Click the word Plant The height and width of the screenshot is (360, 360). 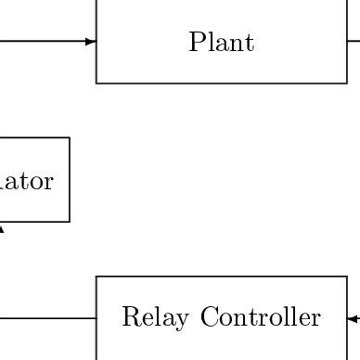[x=221, y=43]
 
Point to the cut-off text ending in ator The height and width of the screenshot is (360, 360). [x=28, y=181]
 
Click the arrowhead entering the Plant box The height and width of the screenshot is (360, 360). [x=91, y=41]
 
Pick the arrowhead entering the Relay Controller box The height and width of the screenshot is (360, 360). [x=353, y=318]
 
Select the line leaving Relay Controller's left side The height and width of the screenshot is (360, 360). [x=46, y=318]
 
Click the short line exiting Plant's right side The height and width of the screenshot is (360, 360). [x=354, y=41]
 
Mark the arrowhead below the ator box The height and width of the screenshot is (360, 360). [x=1, y=226]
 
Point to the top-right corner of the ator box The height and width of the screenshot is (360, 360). [x=70, y=138]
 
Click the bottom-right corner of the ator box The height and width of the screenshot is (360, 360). [x=70, y=222]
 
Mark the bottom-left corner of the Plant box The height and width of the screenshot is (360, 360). [x=96, y=84]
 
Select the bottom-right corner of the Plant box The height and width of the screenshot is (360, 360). [x=347, y=84]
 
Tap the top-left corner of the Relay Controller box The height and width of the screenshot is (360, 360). [x=96, y=276]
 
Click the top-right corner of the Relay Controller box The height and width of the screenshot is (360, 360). [x=347, y=276]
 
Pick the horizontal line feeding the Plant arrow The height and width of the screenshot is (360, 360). [x=42, y=41]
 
